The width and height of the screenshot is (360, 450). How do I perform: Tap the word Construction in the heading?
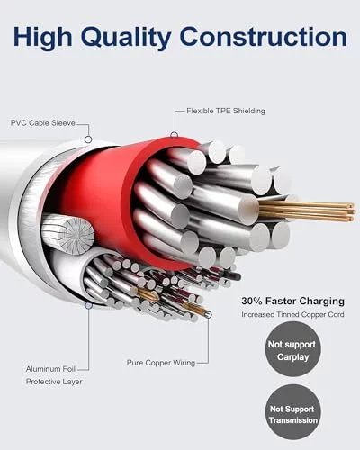tap(264, 37)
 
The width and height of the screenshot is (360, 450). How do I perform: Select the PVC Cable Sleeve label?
tap(43, 123)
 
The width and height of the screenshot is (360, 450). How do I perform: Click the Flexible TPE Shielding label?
tap(226, 111)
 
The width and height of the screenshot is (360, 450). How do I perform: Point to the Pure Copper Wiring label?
tap(161, 363)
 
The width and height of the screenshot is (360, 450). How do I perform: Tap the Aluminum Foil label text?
tap(50, 369)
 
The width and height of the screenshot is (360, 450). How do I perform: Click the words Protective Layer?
tap(54, 382)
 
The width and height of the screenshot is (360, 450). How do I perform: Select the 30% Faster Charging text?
tap(292, 301)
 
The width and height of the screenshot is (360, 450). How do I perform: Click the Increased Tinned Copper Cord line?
tap(292, 314)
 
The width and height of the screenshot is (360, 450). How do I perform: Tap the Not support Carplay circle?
tap(292, 350)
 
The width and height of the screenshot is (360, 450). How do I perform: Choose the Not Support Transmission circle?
tap(292, 415)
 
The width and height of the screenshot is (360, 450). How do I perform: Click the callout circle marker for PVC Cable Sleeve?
tap(88, 139)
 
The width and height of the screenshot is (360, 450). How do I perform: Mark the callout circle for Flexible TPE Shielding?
tap(174, 135)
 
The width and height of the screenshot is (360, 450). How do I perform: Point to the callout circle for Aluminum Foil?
tap(88, 305)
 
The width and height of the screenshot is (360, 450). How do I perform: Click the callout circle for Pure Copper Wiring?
tap(209, 315)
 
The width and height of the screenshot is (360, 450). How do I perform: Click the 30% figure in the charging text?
tap(252, 301)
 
